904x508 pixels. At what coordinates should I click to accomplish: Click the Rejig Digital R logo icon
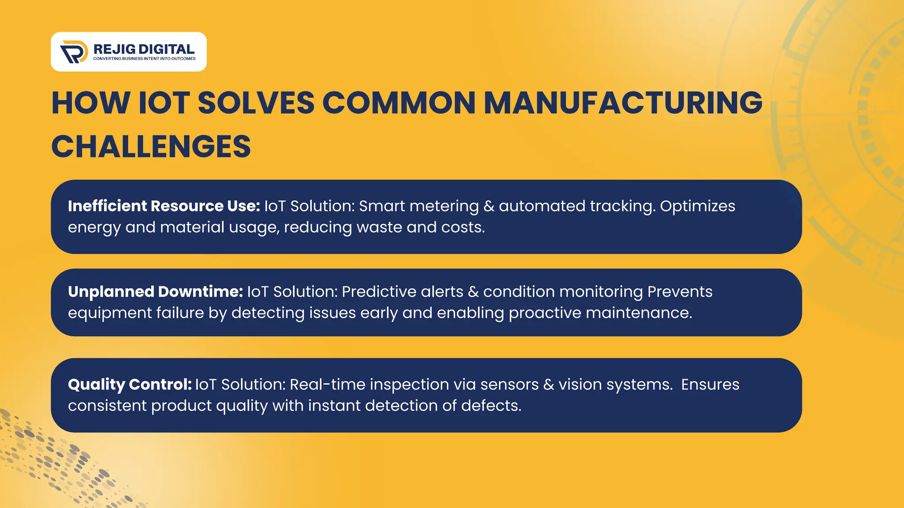[74, 52]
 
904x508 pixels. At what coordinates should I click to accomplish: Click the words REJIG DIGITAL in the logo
[144, 49]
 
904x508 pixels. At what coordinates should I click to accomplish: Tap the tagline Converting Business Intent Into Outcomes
[144, 59]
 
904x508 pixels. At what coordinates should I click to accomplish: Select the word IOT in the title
[164, 103]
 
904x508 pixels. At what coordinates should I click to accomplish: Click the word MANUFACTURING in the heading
[623, 103]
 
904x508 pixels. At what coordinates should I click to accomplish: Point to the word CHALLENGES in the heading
[151, 147]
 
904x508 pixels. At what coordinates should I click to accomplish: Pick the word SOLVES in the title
[256, 103]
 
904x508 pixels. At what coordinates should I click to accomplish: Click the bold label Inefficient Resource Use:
[164, 206]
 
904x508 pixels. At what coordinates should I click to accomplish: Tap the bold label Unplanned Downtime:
[155, 291]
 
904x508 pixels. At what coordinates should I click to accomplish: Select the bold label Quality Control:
[129, 385]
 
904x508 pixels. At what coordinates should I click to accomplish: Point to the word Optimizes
[697, 206]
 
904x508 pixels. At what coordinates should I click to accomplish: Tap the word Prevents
[680, 291]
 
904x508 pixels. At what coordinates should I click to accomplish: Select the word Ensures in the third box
[710, 385]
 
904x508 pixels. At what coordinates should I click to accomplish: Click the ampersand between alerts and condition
[473, 291]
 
